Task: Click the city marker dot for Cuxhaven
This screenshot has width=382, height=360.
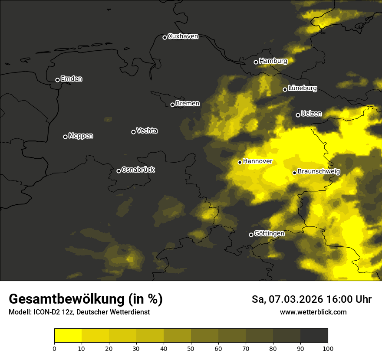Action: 165,37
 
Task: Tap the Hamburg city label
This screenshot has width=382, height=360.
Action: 273,61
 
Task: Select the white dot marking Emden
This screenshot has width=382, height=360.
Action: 57,80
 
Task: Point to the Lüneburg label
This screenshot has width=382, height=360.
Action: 302,88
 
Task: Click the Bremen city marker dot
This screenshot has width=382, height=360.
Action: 172,105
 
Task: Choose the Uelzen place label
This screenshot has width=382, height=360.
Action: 311,114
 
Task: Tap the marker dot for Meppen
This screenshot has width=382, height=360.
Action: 65,137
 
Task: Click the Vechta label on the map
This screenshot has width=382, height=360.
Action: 147,131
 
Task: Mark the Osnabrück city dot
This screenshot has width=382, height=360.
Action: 119,171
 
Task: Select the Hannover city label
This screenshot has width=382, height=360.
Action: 257,161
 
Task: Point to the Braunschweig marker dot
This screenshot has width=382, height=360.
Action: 294,173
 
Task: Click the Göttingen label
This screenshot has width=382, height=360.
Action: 269,234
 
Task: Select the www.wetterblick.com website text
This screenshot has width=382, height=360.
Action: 313,312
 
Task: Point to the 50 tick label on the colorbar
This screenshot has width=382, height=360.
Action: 191,348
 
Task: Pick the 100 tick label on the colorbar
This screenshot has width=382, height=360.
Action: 328,348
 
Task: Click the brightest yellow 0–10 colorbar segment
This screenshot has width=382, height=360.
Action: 68,335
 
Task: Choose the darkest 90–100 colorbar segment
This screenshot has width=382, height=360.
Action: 314,335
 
